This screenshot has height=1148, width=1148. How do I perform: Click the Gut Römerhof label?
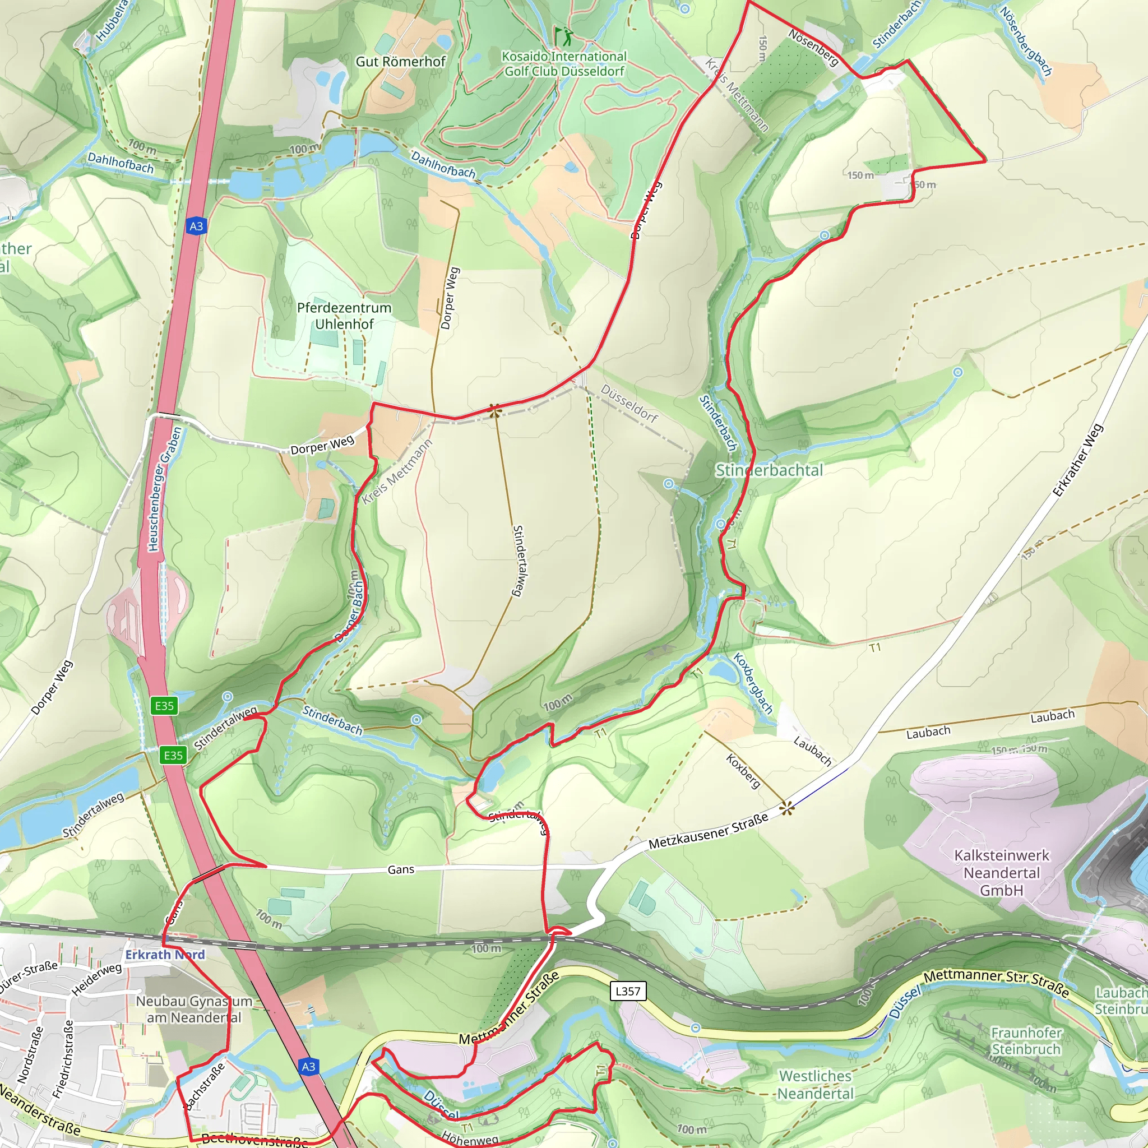400,62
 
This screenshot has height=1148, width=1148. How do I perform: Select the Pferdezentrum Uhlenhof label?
344,316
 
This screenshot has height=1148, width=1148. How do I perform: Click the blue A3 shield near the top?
196,226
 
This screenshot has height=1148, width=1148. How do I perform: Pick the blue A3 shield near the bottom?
308,1067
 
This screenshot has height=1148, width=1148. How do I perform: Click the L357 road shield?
628,990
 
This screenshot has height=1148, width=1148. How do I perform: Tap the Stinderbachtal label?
769,471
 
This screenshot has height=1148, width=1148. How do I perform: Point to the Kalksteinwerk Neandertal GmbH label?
1002,873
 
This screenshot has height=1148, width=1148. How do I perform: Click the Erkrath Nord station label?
165,954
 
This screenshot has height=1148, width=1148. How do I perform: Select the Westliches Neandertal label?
815,1085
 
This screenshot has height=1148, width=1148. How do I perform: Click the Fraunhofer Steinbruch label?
1026,1040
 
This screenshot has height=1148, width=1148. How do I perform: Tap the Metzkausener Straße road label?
709,831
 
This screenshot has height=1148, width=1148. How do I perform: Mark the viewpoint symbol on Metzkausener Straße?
786,807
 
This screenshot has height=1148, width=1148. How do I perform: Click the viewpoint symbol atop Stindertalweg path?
494,410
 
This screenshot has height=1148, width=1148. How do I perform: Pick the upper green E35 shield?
164,705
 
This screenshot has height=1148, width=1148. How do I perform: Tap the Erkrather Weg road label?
1077,461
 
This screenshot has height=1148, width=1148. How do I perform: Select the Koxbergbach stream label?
753,683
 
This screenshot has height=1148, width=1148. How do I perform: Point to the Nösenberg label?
813,47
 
